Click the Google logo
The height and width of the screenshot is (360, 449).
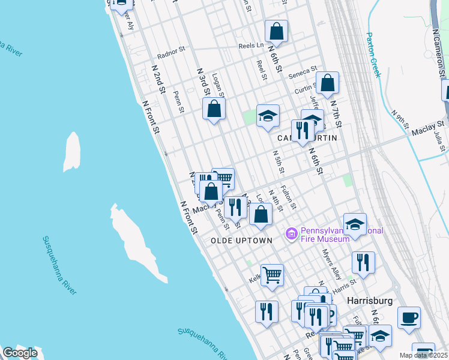[x=20, y=353]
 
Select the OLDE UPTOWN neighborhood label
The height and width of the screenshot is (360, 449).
[x=241, y=240]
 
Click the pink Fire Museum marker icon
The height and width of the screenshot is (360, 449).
[x=292, y=233]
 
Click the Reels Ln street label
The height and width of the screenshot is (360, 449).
[x=252, y=45]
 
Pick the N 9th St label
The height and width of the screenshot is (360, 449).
[x=400, y=120]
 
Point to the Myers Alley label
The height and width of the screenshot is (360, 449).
[x=331, y=264]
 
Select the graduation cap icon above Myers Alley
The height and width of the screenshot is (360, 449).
[x=355, y=224]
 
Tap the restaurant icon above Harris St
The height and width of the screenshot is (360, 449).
[x=363, y=262]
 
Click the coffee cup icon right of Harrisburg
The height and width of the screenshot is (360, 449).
[x=409, y=317]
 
